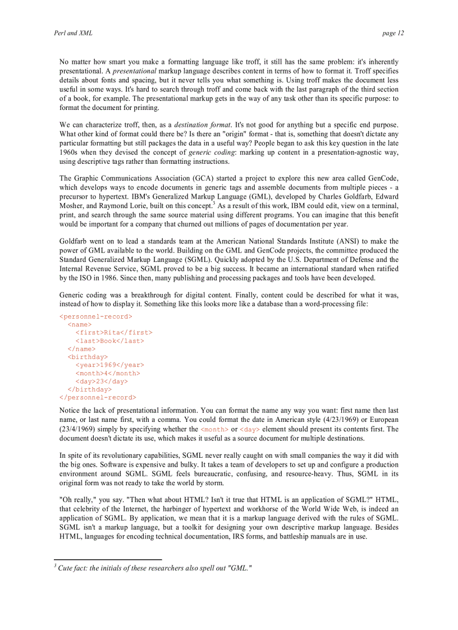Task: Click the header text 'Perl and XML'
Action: [x=73, y=33]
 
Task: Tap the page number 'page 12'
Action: [x=392, y=33]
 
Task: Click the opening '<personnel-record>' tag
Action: [x=96, y=316]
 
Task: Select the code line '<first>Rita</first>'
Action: [x=114, y=333]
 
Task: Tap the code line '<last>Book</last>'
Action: [x=110, y=341]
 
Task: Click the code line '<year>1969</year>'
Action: [x=110, y=365]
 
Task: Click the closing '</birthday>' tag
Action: [x=89, y=389]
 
